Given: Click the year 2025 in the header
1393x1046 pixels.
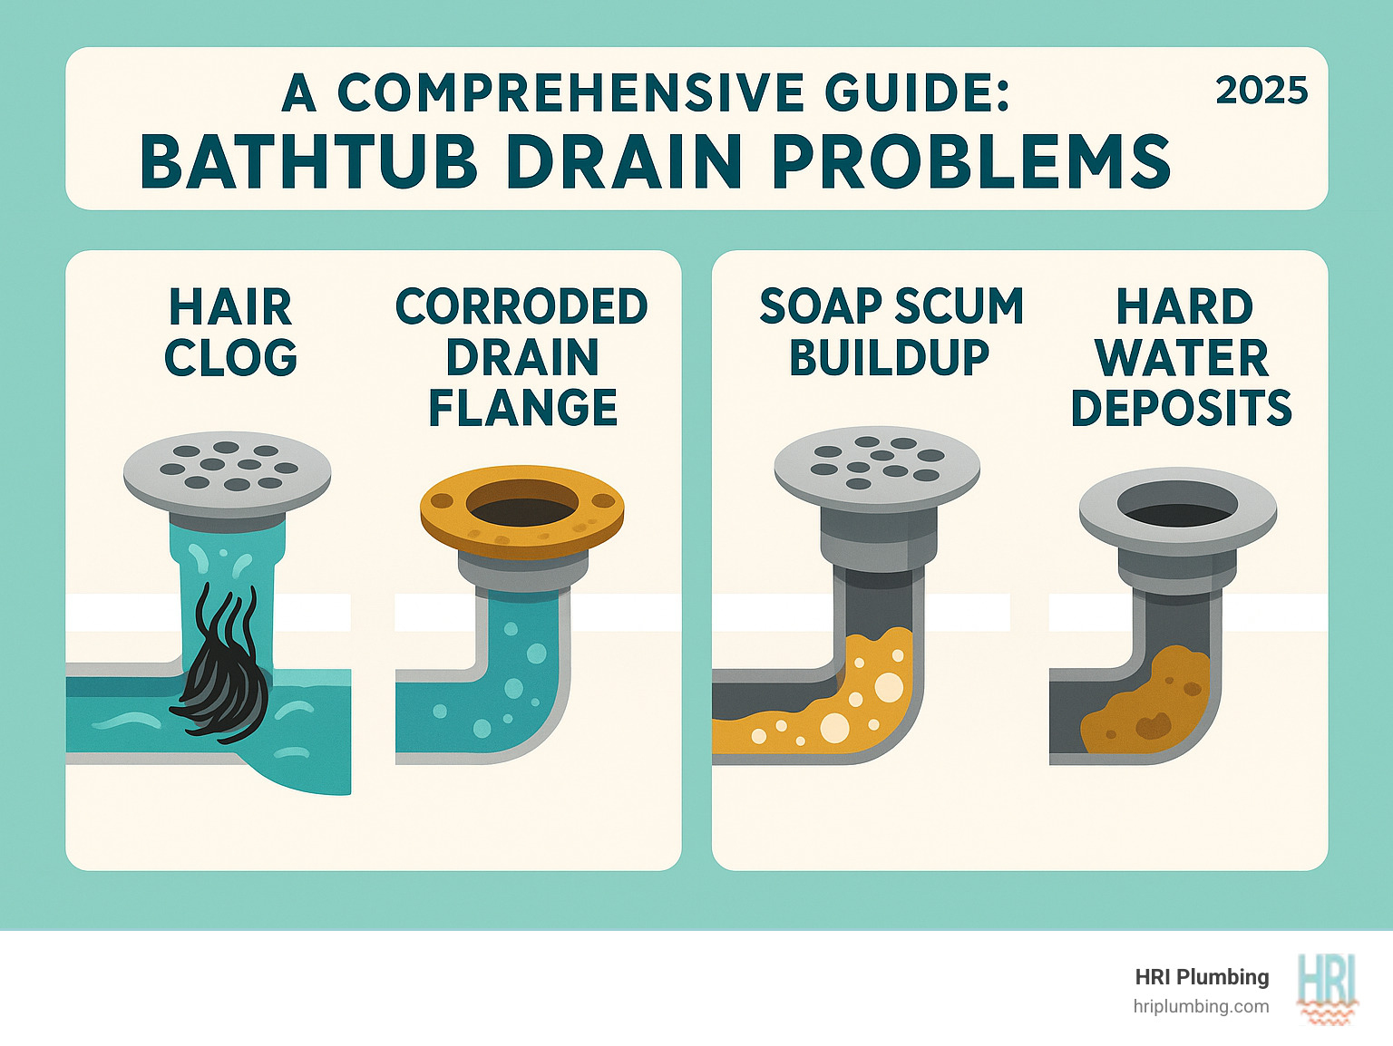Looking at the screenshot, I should pos(1261,92).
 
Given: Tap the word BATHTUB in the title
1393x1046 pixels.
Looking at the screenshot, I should pos(308,163).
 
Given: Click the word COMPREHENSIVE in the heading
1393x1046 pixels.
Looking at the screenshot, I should pos(570,93).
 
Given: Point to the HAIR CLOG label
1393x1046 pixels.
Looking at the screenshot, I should pos(230,332).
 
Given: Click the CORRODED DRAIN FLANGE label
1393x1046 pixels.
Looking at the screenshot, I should pos(522,357).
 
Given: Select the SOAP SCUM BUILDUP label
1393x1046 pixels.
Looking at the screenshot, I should pos(891,332).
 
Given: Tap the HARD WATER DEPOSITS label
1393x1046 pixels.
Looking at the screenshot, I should pos(1182,357).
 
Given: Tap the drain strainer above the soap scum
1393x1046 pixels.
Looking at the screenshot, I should pos(876,463).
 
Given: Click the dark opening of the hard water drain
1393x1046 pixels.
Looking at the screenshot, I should pos(1177,503).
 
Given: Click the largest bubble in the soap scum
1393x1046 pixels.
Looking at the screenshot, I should pos(834,727).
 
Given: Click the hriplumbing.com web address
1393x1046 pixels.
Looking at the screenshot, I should pos(1201,1006).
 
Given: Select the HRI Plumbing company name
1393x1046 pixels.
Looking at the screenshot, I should pos(1202,977).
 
